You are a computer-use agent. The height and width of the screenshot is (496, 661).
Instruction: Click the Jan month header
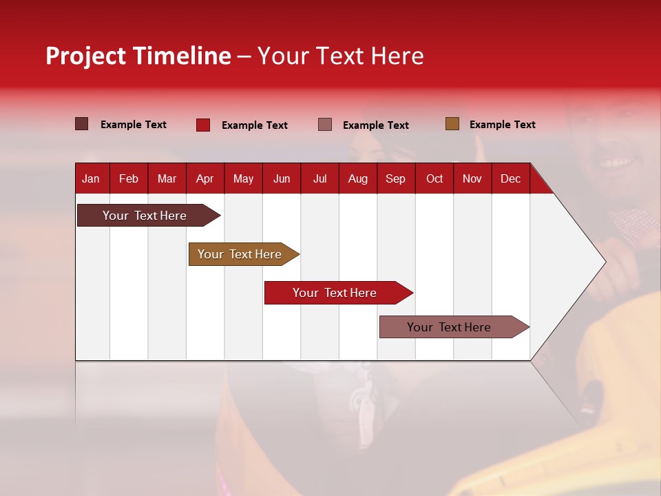click(x=91, y=178)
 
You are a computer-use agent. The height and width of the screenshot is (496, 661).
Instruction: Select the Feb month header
click(x=129, y=178)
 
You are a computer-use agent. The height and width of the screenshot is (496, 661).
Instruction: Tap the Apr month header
click(x=204, y=178)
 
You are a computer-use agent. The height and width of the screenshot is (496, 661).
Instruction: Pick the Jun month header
click(x=282, y=178)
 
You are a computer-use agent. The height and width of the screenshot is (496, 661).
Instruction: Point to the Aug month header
click(x=357, y=178)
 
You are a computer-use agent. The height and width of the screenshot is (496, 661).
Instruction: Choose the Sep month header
click(x=395, y=178)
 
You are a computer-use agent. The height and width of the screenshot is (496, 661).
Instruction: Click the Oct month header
click(x=434, y=178)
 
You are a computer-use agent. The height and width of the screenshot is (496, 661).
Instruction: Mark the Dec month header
click(x=510, y=178)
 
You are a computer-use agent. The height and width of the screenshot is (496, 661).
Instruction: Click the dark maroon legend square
click(x=82, y=124)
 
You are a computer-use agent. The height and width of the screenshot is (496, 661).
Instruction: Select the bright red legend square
click(x=203, y=125)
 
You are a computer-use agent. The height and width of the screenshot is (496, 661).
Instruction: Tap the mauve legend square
click(x=325, y=124)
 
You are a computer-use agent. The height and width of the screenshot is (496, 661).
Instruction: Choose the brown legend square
click(x=452, y=124)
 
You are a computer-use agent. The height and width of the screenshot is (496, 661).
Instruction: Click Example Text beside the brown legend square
click(x=502, y=125)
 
